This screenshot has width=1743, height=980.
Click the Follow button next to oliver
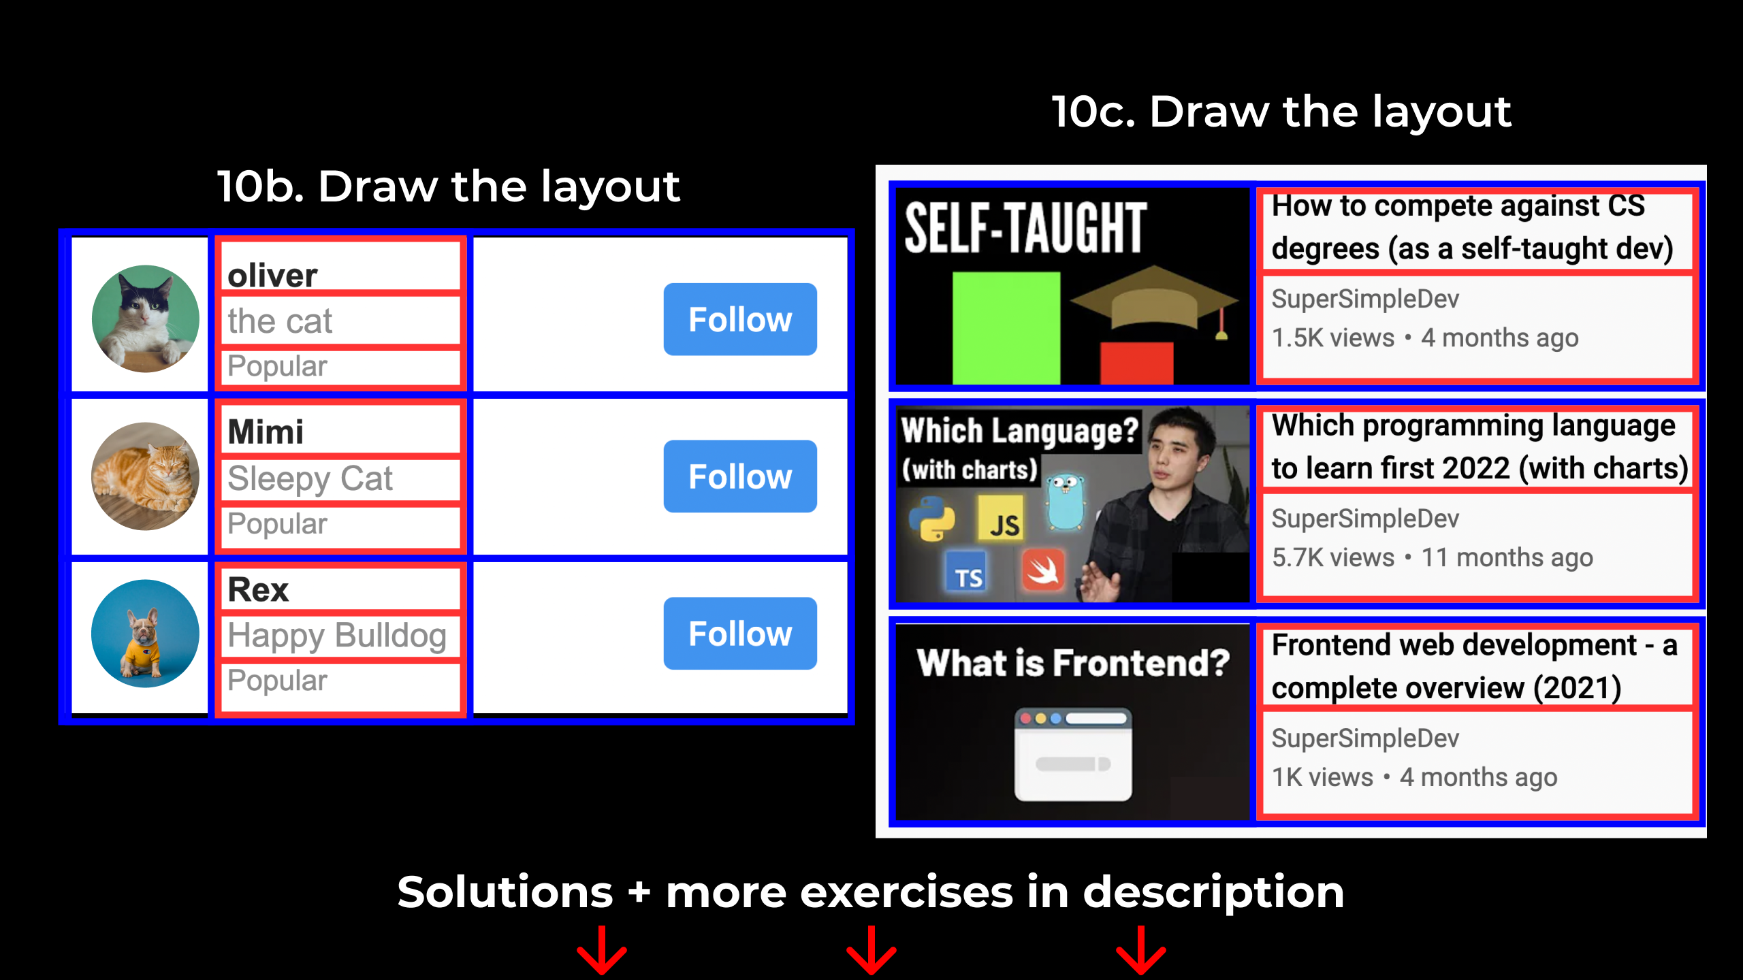pyautogui.click(x=740, y=319)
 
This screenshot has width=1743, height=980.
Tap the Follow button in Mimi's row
pyautogui.click(x=740, y=476)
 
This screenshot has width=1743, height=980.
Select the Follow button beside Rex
pyautogui.click(x=740, y=634)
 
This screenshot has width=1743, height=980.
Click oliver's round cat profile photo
pyautogui.click(x=146, y=318)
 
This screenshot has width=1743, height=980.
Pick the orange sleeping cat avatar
pyautogui.click(x=146, y=476)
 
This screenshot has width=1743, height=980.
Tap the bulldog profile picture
pyautogui.click(x=146, y=634)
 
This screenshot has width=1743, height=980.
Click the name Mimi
pyautogui.click(x=266, y=432)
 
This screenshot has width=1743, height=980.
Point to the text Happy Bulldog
pyautogui.click(x=337, y=636)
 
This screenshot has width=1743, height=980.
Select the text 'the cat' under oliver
pyautogui.click(x=280, y=321)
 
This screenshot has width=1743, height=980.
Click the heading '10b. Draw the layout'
pyautogui.click(x=448, y=186)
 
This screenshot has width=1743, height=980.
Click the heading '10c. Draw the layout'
pyautogui.click(x=1281, y=112)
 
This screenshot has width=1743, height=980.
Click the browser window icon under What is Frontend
pyautogui.click(x=1073, y=754)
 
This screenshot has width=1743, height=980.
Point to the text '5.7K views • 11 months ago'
pyautogui.click(x=1433, y=558)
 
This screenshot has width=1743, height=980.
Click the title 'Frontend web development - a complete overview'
pyautogui.click(x=1474, y=666)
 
